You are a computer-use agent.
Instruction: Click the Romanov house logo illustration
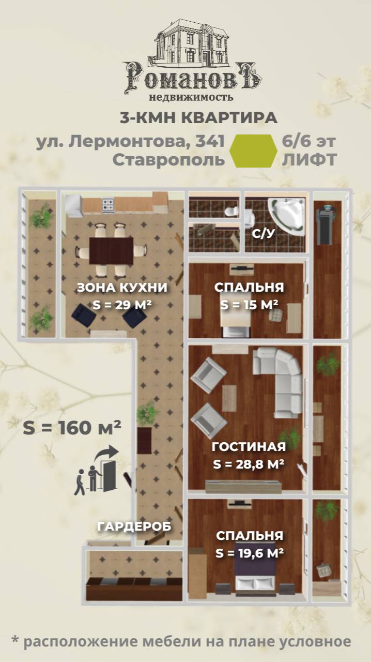point(192,43)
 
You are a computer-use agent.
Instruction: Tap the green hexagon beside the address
point(253,151)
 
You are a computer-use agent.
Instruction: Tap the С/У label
point(262,234)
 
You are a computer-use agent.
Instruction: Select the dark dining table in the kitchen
point(111,250)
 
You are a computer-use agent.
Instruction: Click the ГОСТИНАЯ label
point(249,447)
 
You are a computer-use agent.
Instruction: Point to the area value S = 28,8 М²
point(249,464)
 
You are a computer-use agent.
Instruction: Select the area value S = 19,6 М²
point(250,553)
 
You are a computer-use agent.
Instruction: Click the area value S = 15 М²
point(250,304)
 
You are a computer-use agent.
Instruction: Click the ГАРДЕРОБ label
point(134,526)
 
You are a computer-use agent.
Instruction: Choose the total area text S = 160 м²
point(72,427)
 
